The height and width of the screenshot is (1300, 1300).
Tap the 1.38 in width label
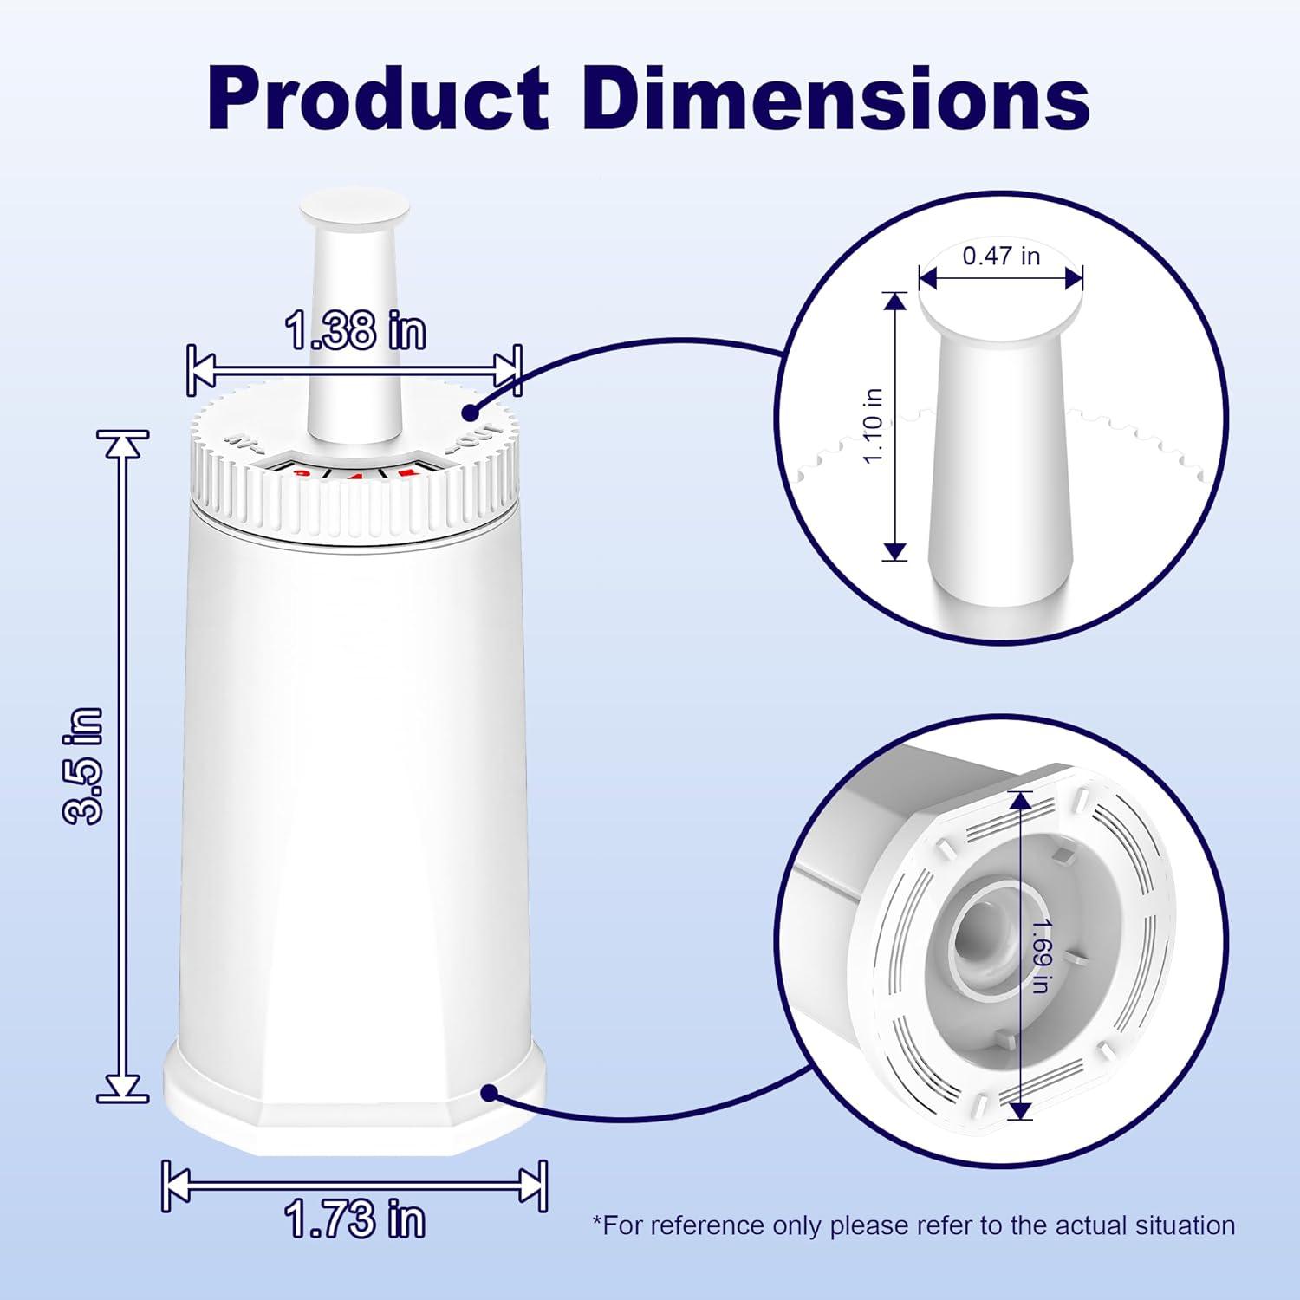pos(355,330)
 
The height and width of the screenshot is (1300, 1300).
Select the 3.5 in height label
pos(84,764)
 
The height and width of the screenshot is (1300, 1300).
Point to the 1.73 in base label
pos(355,1219)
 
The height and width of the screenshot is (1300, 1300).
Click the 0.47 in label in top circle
pos(1001,256)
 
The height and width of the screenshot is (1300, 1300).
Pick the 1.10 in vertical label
pos(873,426)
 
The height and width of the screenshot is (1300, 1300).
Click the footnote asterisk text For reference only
pos(913,1225)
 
